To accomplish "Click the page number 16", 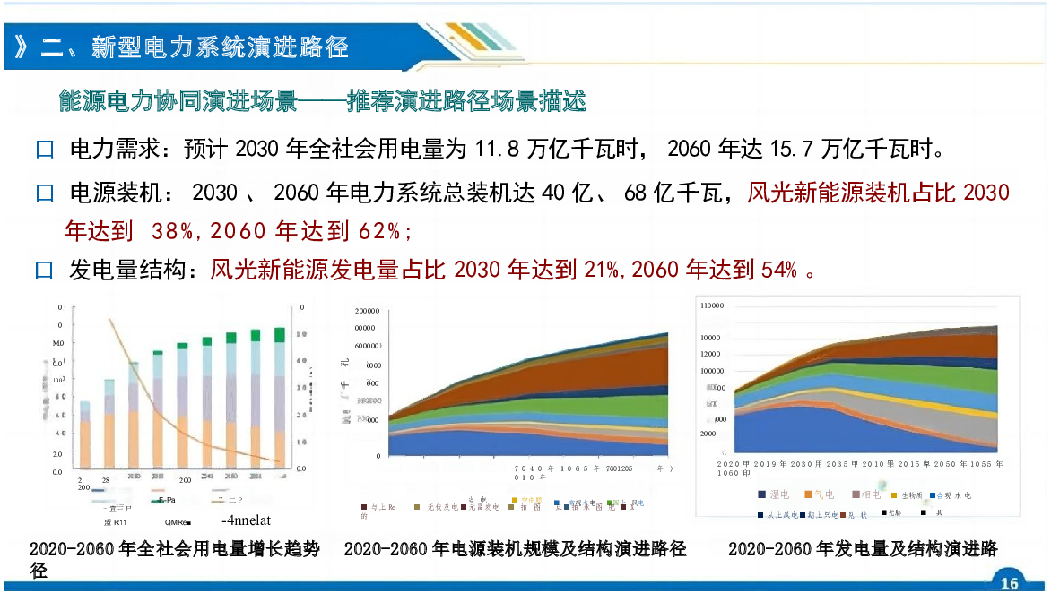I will [1010, 583].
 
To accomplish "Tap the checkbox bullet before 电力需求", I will [45, 150].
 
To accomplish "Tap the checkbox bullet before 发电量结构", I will [45, 270].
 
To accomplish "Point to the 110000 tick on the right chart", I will [711, 305].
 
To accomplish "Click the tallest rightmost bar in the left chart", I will [279, 399].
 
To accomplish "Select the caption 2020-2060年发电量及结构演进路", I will [862, 548].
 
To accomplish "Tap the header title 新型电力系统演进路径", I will [220, 47].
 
